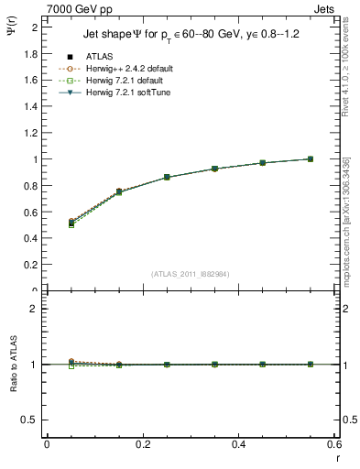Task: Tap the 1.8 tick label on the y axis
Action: click(31, 53)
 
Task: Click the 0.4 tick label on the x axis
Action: click(238, 444)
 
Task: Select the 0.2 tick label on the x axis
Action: click(142, 444)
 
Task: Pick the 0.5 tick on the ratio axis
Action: click(31, 420)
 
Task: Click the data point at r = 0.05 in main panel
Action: click(71, 223)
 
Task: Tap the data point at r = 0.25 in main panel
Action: click(167, 177)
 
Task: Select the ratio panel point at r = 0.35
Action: click(214, 365)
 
